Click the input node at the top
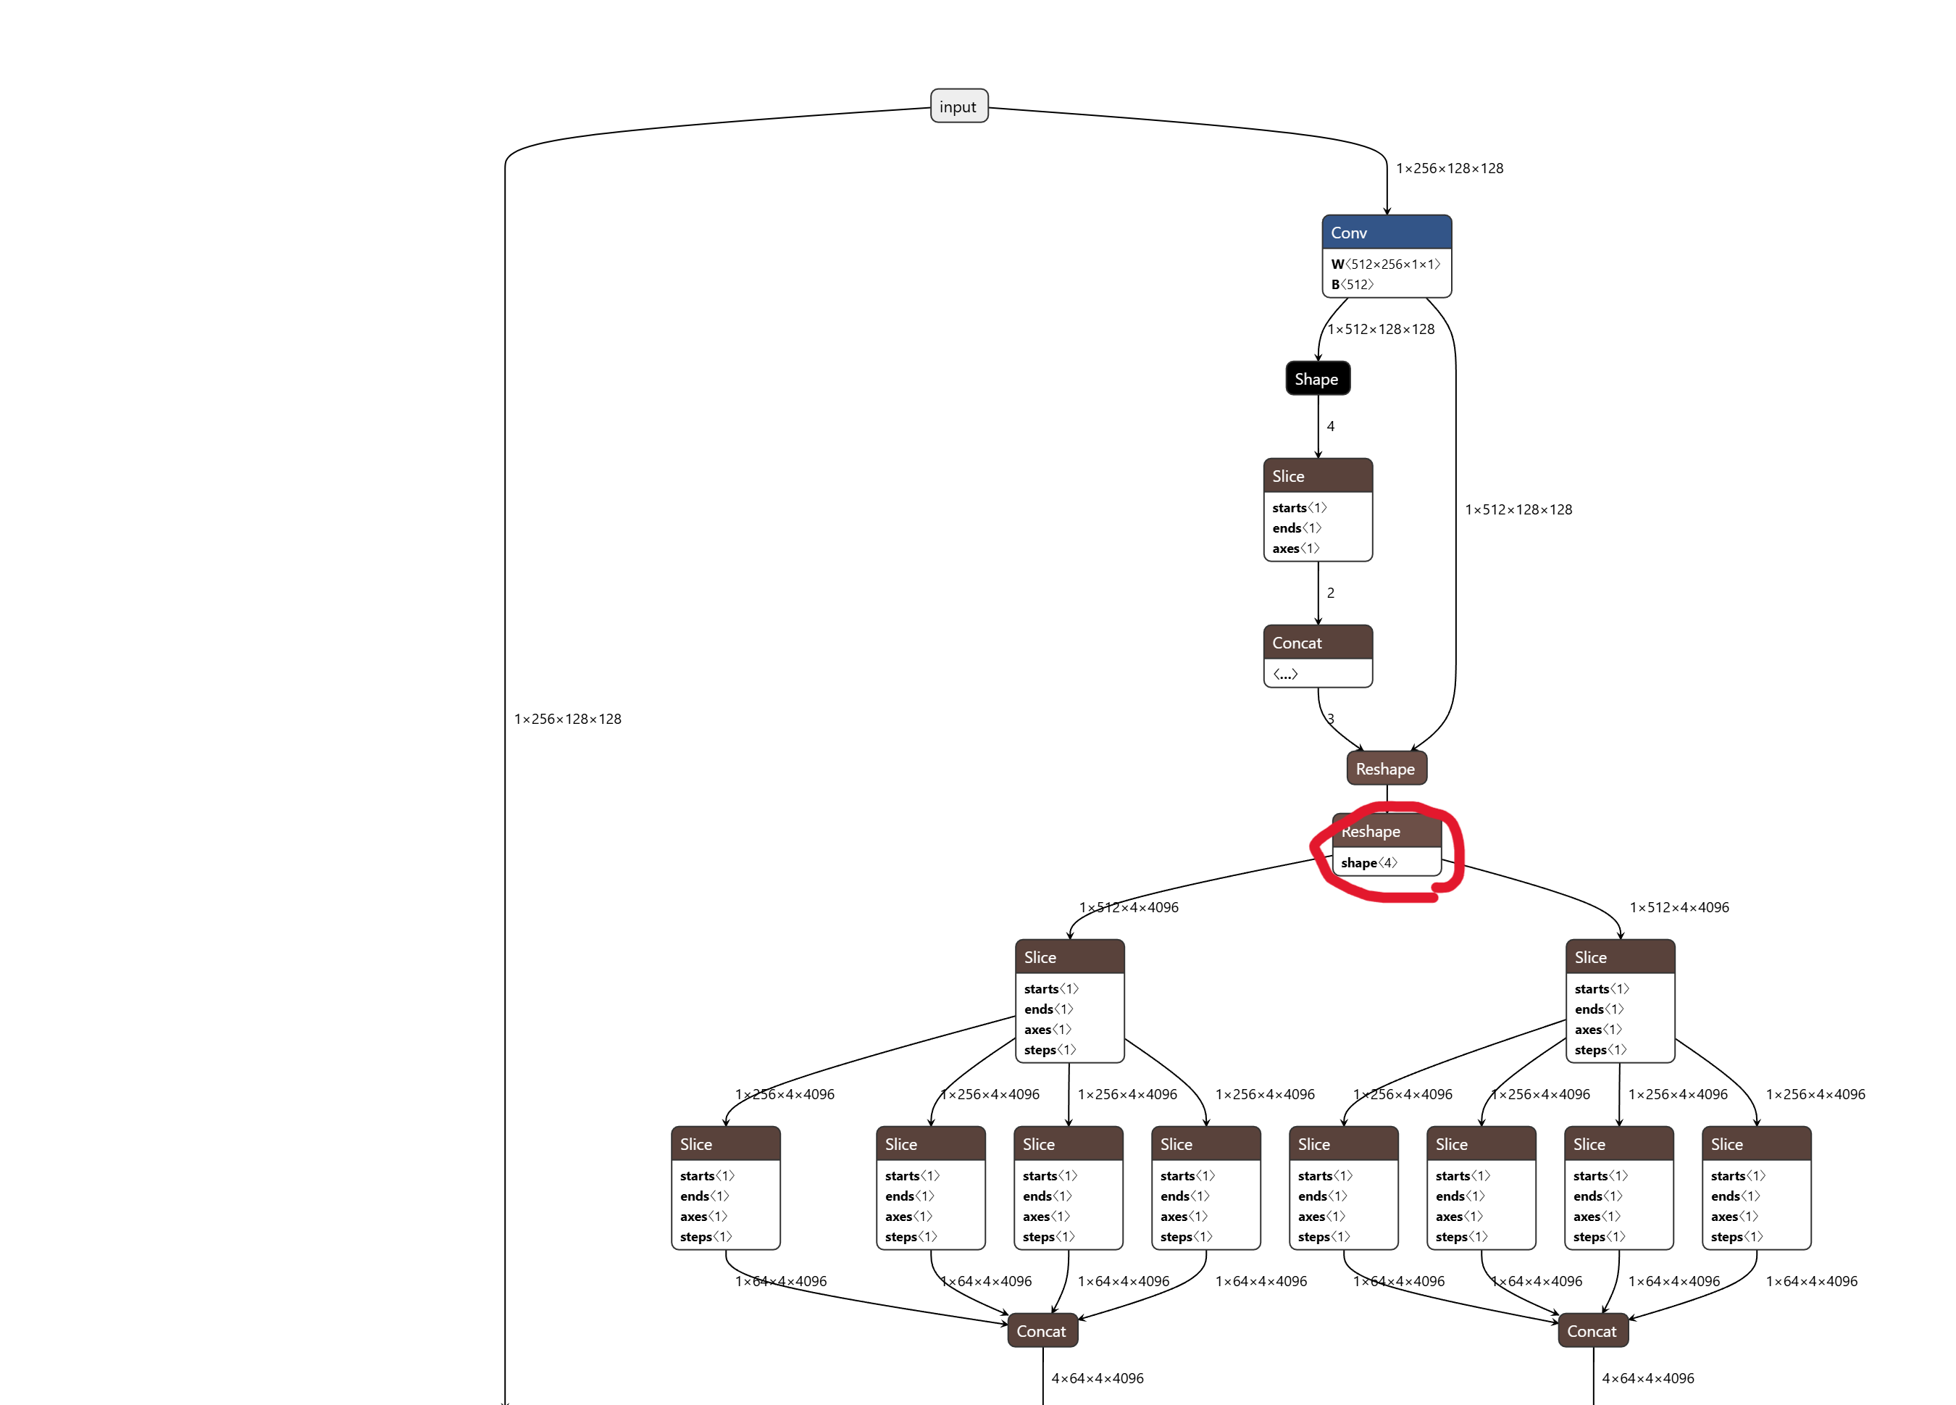(958, 106)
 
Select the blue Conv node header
(1386, 232)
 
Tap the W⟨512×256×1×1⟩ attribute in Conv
(1385, 264)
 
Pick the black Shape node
(1317, 379)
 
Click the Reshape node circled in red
(1387, 831)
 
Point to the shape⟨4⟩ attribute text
(1368, 862)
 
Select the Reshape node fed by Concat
(1386, 769)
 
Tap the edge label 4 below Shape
(1331, 426)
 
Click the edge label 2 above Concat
(1331, 593)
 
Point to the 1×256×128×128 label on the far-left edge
(567, 719)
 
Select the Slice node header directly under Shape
(1317, 476)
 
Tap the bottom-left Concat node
(1042, 1331)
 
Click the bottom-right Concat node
(1592, 1331)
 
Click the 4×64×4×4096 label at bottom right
(1647, 1378)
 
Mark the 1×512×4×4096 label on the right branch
(1679, 907)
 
